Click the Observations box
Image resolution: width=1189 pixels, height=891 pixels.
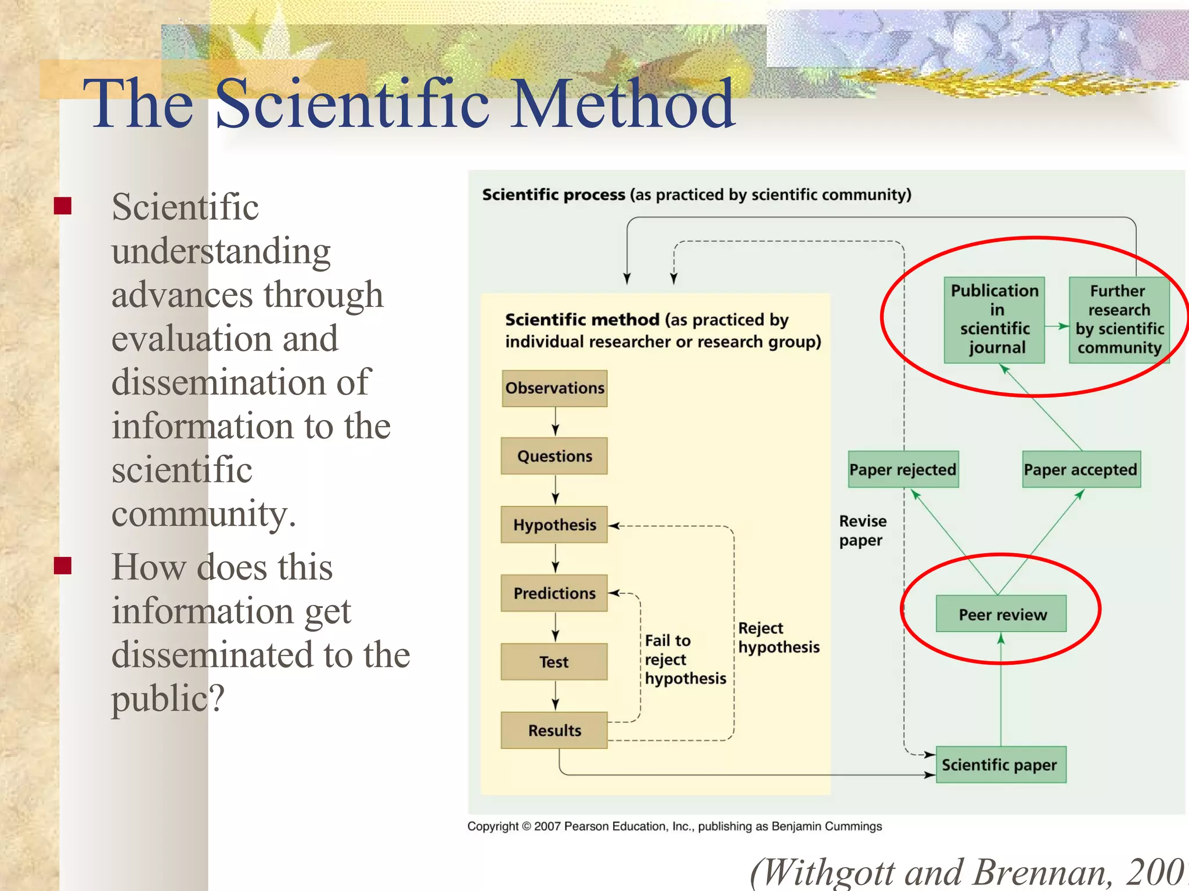point(554,388)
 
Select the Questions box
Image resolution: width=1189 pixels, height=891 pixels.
point(554,456)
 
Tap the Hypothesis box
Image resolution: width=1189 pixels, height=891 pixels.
point(554,524)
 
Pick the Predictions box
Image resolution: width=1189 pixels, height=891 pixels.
point(554,593)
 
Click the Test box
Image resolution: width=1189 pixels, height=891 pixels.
point(554,661)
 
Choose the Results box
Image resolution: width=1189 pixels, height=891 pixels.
point(554,730)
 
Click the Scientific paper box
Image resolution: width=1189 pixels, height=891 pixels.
point(1000,765)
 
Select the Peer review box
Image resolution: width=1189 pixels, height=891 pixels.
point(1001,614)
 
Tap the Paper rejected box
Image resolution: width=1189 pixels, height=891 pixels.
point(903,469)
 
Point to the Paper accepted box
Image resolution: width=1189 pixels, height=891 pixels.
point(1080,469)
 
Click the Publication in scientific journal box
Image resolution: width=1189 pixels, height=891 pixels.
point(995,320)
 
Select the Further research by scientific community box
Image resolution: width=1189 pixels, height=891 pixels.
point(1119,320)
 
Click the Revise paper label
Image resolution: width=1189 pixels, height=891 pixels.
point(862,530)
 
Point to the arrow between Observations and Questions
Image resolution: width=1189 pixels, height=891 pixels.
point(556,422)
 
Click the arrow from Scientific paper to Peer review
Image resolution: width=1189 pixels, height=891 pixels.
point(1001,690)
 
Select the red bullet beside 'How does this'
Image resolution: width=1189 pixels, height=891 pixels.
point(63,566)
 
